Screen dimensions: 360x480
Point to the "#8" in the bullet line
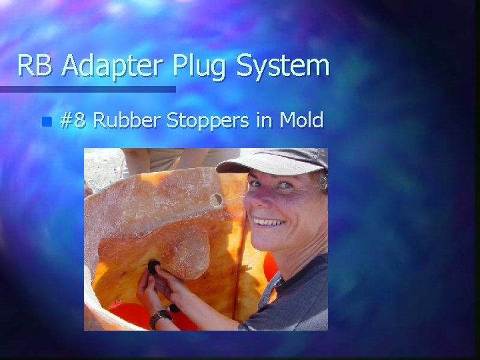coord(73,121)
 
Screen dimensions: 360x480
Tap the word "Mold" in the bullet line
coord(301,121)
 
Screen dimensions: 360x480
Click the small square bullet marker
coord(45,122)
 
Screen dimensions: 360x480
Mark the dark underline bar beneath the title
coord(87,89)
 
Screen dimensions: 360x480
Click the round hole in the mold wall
coord(216,199)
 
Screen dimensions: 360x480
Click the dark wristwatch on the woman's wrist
coord(158,318)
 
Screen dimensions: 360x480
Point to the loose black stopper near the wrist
coord(174,309)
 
